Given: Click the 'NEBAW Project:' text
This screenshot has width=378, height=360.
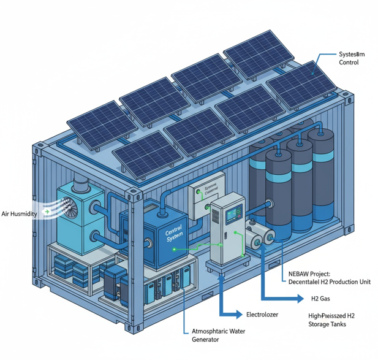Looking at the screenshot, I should tap(309, 274).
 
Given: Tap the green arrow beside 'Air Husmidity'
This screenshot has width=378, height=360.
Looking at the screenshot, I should tap(48, 212).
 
